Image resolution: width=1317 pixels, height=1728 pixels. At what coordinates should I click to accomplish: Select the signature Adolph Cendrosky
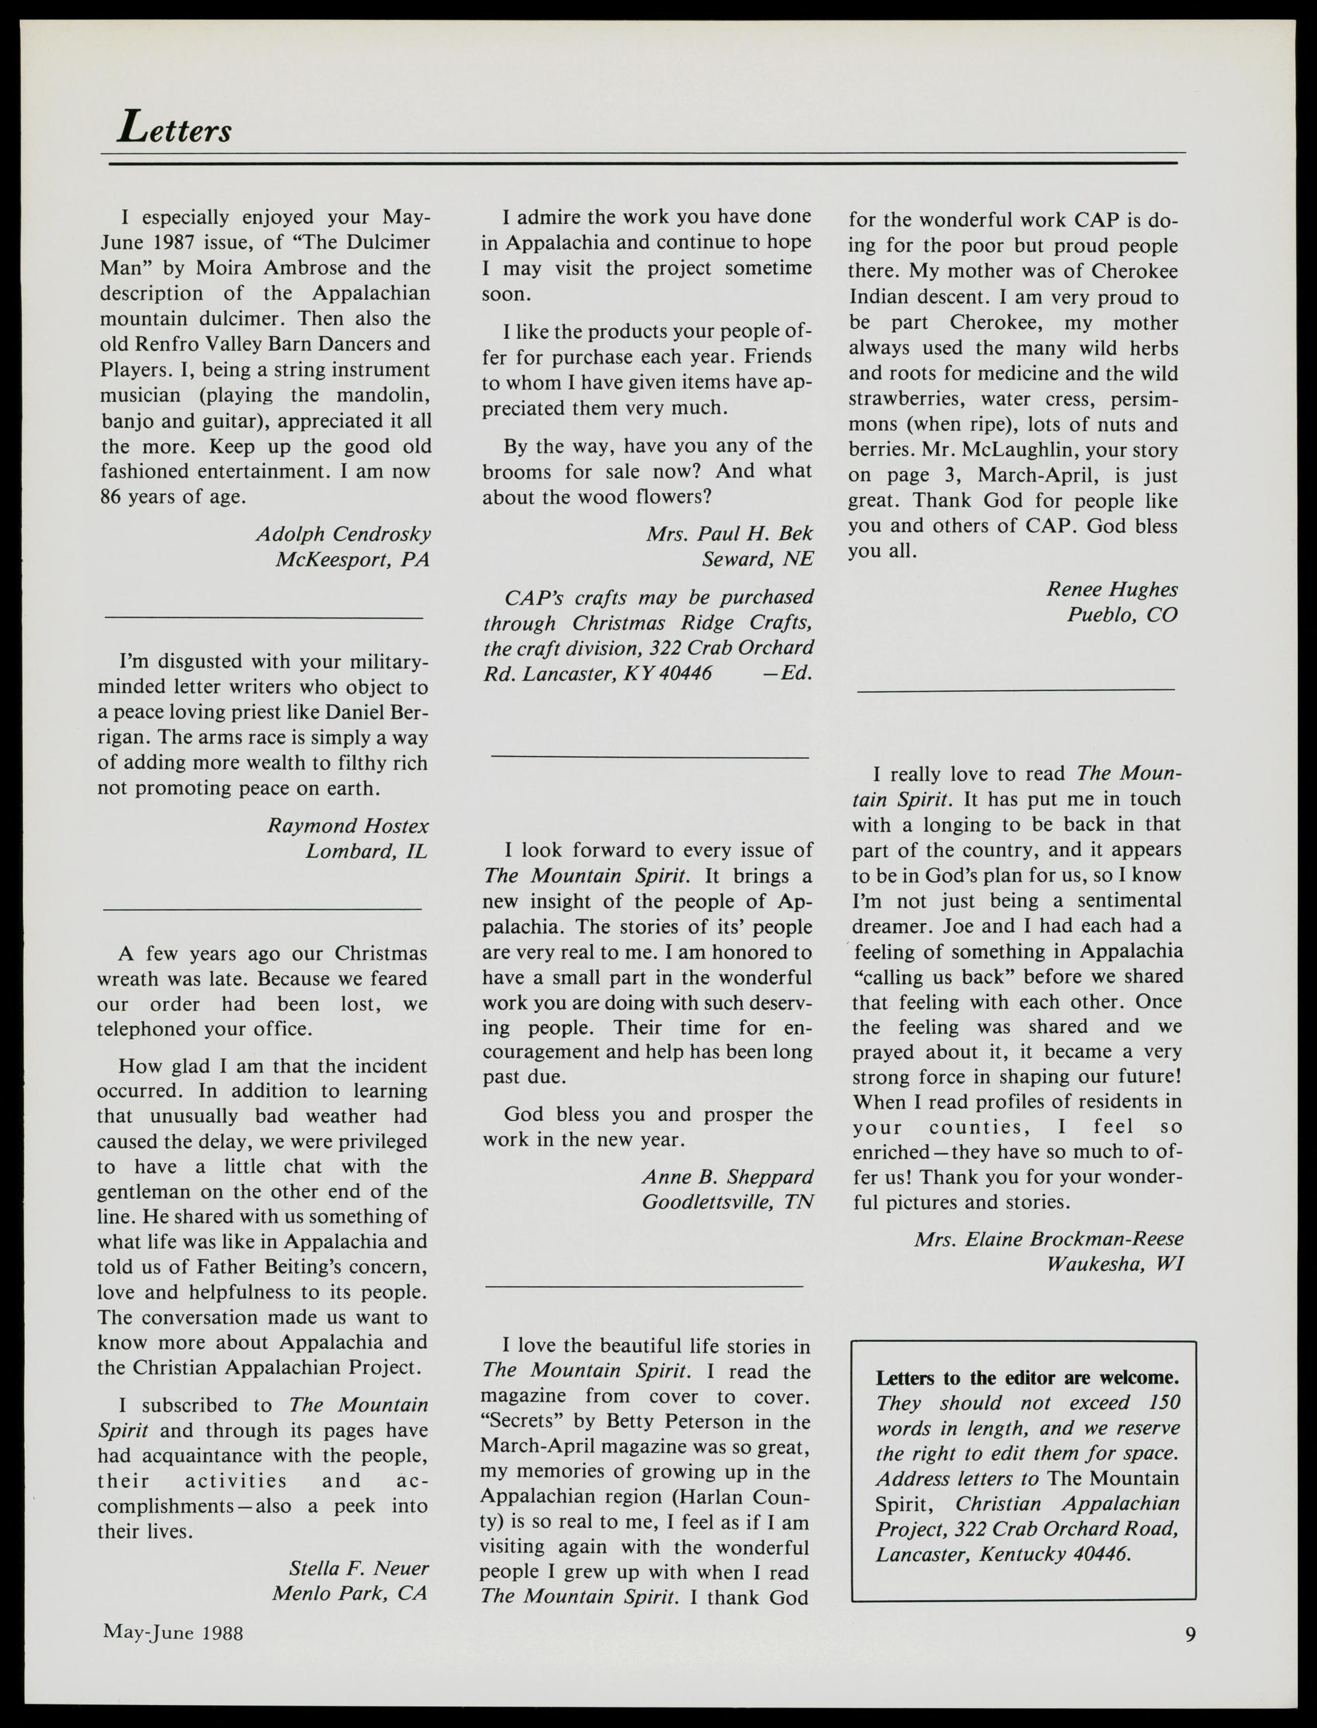[x=343, y=534]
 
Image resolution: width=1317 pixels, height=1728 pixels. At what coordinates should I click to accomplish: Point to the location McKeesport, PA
[x=352, y=559]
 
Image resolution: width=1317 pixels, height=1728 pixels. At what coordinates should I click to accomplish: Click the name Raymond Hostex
[x=348, y=826]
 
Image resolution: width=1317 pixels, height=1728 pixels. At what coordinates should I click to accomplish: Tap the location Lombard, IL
[x=367, y=851]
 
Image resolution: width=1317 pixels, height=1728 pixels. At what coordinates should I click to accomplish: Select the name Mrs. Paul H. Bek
[x=729, y=534]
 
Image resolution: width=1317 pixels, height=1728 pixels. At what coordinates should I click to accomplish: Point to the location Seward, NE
[x=757, y=559]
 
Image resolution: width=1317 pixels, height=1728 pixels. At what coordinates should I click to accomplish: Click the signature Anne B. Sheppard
[x=727, y=1176]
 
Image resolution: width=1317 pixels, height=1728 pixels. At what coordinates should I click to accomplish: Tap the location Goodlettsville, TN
[x=727, y=1201]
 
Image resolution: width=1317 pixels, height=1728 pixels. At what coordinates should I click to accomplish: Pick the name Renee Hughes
[x=1111, y=589]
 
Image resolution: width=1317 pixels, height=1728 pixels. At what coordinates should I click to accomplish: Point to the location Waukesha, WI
[x=1115, y=1264]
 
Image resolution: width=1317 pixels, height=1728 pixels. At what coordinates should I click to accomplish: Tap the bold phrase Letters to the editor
[x=980, y=1378]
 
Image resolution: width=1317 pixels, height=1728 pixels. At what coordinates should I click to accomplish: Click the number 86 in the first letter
[x=112, y=497]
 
